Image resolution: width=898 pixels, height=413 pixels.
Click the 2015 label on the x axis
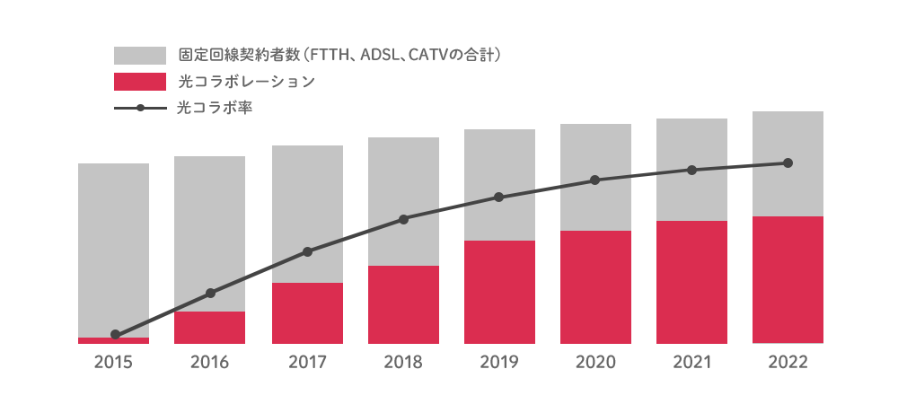(113, 363)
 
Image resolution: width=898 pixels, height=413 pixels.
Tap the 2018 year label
(403, 363)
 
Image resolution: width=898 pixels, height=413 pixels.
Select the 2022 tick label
(788, 363)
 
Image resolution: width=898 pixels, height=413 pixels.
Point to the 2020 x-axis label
(595, 363)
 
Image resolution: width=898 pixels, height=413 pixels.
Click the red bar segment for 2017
(307, 313)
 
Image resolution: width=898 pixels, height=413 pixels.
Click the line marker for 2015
(115, 335)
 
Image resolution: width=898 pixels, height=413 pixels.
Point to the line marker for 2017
(307, 251)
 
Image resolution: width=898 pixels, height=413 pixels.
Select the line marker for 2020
(595, 180)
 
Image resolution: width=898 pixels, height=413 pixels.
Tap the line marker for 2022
(788, 163)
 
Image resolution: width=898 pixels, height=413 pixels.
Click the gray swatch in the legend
(140, 56)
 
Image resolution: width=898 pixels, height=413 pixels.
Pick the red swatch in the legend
(140, 82)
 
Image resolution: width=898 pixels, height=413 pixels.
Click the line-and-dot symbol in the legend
(140, 109)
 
